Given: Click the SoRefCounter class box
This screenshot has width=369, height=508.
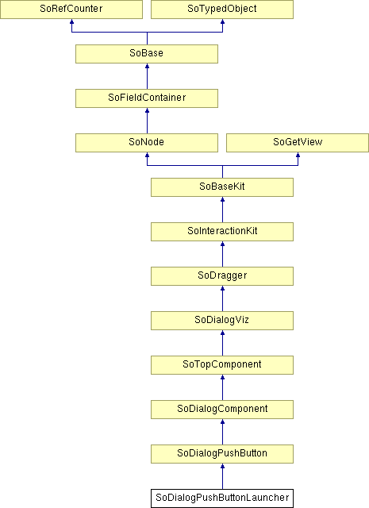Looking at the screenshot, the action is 71,9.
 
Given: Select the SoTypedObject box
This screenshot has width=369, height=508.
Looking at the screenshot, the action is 222,9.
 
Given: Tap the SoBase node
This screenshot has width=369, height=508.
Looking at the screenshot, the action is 147,54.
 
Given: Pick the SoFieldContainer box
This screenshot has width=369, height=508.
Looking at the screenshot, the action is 147,98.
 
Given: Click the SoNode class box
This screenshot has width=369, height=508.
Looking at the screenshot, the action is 147,143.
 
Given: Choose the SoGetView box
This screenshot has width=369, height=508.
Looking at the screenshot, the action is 298,143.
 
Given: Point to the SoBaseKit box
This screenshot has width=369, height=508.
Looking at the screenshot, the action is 222,187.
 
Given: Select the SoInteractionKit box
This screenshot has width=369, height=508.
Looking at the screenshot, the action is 222,232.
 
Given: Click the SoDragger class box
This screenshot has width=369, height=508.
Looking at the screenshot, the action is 222,276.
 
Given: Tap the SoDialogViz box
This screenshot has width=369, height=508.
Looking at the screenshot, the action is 222,321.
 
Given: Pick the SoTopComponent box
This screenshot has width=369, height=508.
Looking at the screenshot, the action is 222,365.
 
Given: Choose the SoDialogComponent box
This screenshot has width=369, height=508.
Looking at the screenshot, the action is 222,410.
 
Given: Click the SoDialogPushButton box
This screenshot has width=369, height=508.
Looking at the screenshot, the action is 222,454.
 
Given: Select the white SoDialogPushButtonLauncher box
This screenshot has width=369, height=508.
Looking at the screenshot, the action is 222,498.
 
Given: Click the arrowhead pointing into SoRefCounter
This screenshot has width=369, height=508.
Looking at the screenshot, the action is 71,21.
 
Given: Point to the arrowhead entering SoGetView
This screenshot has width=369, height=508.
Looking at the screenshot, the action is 298,155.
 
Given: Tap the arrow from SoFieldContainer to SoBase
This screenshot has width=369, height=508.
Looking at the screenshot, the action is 147,76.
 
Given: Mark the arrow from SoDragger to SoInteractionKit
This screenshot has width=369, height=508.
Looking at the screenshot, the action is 222,254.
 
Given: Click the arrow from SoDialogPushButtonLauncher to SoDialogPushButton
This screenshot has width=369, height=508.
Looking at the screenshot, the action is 222,476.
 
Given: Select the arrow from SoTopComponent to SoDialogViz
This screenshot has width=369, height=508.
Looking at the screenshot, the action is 222,343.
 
